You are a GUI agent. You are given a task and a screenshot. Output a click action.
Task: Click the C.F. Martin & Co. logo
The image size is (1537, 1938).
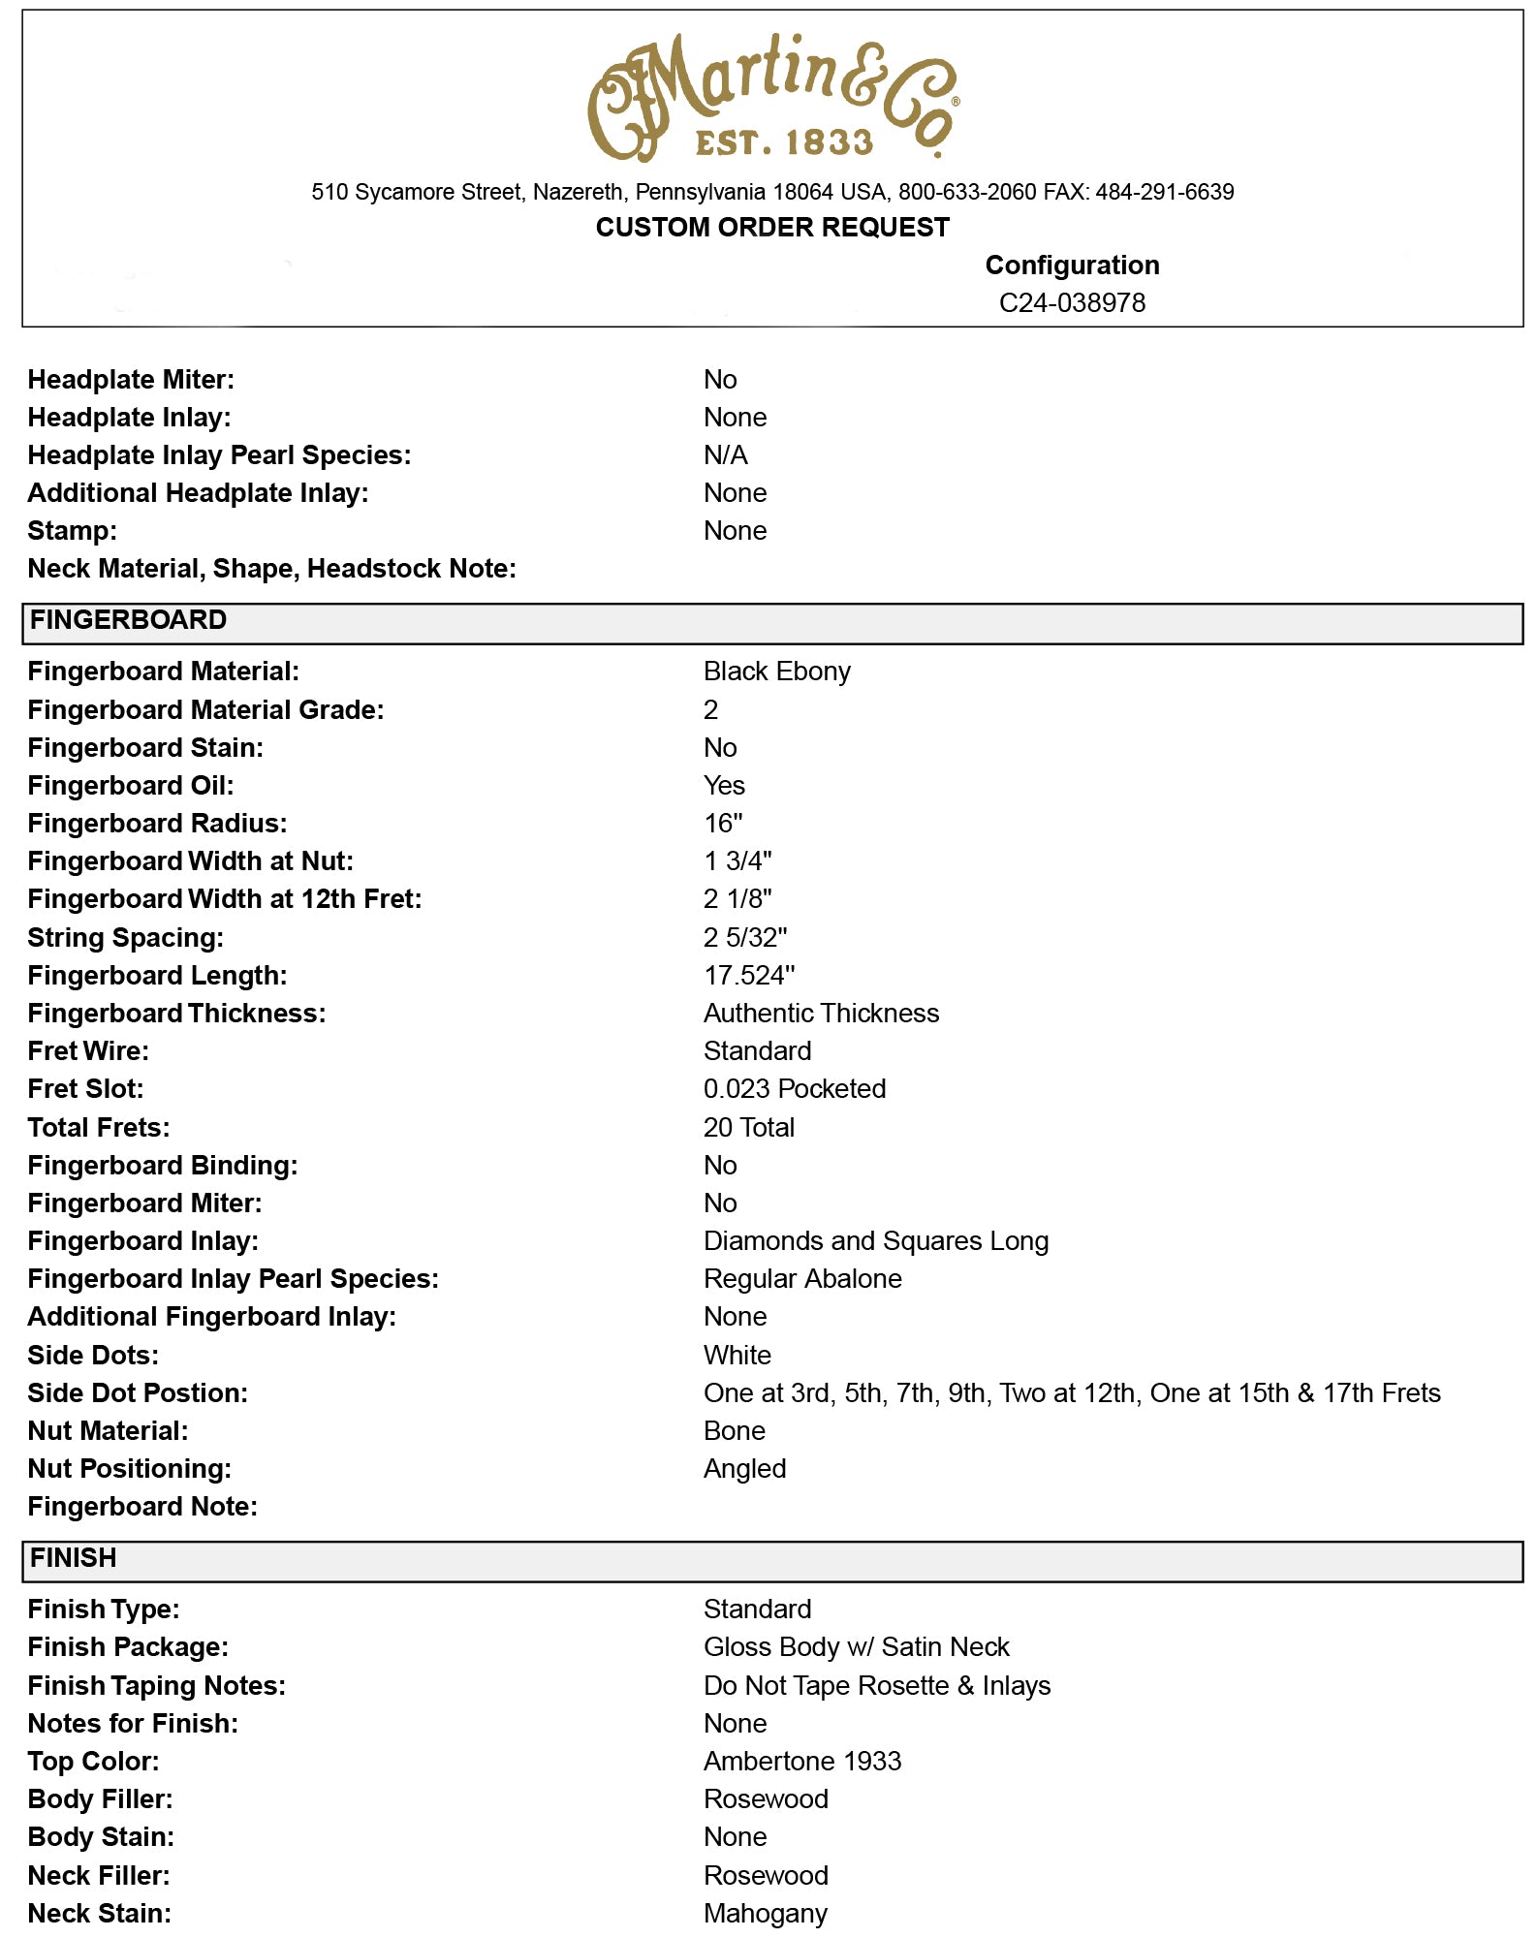772,97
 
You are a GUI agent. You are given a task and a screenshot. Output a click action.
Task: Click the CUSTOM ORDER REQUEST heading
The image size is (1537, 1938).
772,227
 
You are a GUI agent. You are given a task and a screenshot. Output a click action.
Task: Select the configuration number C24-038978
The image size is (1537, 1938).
1072,303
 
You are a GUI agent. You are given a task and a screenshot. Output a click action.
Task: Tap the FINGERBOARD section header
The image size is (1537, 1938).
128,620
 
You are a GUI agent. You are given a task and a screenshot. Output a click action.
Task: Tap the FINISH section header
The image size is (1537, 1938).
74,1558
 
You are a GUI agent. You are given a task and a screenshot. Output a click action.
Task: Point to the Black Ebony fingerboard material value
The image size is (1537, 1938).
776,672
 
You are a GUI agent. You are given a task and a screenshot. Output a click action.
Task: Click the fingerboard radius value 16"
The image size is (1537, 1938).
723,824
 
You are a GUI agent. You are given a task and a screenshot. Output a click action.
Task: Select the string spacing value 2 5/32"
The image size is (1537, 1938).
744,938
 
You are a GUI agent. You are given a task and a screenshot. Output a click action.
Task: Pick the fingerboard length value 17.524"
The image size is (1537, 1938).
748,976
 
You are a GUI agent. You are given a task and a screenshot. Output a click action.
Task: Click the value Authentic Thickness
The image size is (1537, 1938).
821,1014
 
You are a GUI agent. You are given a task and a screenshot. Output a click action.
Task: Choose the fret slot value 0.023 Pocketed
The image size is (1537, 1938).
794,1089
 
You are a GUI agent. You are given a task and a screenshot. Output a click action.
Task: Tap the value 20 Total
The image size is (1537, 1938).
748,1128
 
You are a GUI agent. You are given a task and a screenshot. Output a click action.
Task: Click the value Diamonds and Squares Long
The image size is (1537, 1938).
875,1241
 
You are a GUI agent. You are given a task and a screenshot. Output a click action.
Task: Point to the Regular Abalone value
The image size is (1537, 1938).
802,1279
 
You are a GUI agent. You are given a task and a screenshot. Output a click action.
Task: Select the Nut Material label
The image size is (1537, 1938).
108,1431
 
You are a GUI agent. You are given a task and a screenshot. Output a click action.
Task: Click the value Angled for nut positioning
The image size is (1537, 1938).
744,1469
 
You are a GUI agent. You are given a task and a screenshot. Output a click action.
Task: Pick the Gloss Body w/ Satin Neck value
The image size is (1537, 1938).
856,1647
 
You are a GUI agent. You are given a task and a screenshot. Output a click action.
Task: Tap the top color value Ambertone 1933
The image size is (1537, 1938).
801,1762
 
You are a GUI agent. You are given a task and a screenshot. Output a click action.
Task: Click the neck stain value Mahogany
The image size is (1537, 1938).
765,1914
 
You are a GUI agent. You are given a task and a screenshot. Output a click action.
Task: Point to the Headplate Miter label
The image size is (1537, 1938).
131,380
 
